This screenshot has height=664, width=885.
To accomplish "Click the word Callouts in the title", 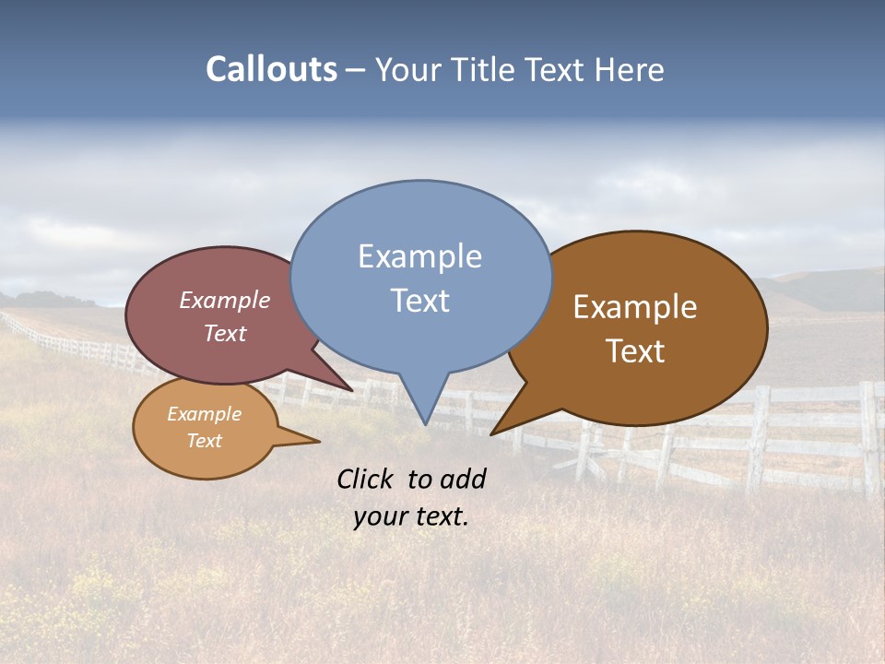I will pyautogui.click(x=271, y=70).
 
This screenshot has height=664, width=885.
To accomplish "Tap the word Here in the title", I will pyautogui.click(x=631, y=70).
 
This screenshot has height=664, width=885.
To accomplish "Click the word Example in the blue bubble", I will pyautogui.click(x=419, y=256).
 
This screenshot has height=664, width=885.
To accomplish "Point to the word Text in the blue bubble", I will pyautogui.click(x=419, y=301).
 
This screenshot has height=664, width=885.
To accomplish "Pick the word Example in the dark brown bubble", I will pyautogui.click(x=635, y=307).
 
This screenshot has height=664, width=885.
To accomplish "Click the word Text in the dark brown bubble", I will pyautogui.click(x=635, y=351).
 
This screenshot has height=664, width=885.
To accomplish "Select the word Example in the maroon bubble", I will pyautogui.click(x=225, y=301).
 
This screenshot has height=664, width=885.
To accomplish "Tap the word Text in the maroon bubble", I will pyautogui.click(x=225, y=334).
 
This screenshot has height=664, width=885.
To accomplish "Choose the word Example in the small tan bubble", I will pyautogui.click(x=204, y=414).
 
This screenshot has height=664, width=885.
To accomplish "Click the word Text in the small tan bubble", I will pyautogui.click(x=204, y=441).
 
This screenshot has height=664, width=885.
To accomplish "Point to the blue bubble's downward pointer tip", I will pyautogui.click(x=424, y=423).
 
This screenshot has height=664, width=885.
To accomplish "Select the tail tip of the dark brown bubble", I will pyautogui.click(x=492, y=433).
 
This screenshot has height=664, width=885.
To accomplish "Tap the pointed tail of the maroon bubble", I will pyautogui.click(x=351, y=390).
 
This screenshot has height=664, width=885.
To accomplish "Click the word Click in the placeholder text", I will pyautogui.click(x=367, y=479).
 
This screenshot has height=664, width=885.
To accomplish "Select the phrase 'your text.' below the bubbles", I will pyautogui.click(x=411, y=516).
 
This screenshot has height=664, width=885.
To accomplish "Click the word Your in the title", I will pyautogui.click(x=407, y=70).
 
